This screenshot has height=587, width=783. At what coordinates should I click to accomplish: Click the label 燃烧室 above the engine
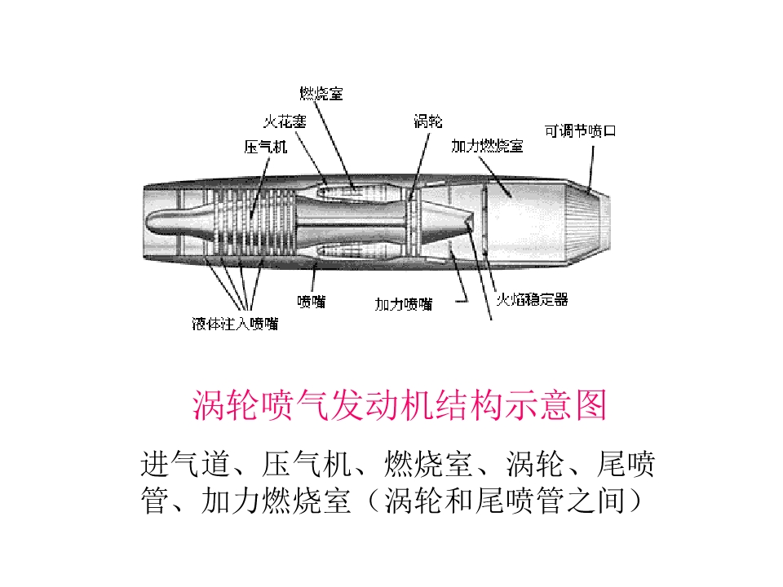(x=321, y=93)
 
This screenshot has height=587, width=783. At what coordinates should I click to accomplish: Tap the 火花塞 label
(x=285, y=121)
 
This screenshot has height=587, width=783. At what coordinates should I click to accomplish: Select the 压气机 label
(x=266, y=146)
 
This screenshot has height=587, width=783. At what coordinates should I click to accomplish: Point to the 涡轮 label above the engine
(x=428, y=121)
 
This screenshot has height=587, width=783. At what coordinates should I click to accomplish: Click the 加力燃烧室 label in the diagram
(x=487, y=146)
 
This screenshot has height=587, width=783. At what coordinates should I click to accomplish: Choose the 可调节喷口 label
(x=580, y=130)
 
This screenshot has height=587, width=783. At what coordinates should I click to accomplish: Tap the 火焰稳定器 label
(x=533, y=299)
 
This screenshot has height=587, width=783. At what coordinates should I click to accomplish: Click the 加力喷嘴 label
(x=404, y=304)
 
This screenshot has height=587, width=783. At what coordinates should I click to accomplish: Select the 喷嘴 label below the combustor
(x=311, y=302)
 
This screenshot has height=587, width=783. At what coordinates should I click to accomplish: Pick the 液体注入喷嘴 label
(x=235, y=324)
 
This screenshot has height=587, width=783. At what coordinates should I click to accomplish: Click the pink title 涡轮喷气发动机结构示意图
(x=400, y=405)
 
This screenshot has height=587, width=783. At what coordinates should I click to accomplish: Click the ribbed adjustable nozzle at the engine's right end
(x=589, y=223)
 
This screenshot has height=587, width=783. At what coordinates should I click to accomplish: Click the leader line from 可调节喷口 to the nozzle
(x=591, y=169)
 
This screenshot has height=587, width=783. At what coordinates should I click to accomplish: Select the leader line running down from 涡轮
(x=419, y=166)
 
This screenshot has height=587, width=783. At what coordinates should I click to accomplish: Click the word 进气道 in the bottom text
(x=185, y=464)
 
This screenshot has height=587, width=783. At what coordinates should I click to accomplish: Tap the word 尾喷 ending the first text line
(x=626, y=464)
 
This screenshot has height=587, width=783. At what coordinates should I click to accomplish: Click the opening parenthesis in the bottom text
(x=374, y=501)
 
